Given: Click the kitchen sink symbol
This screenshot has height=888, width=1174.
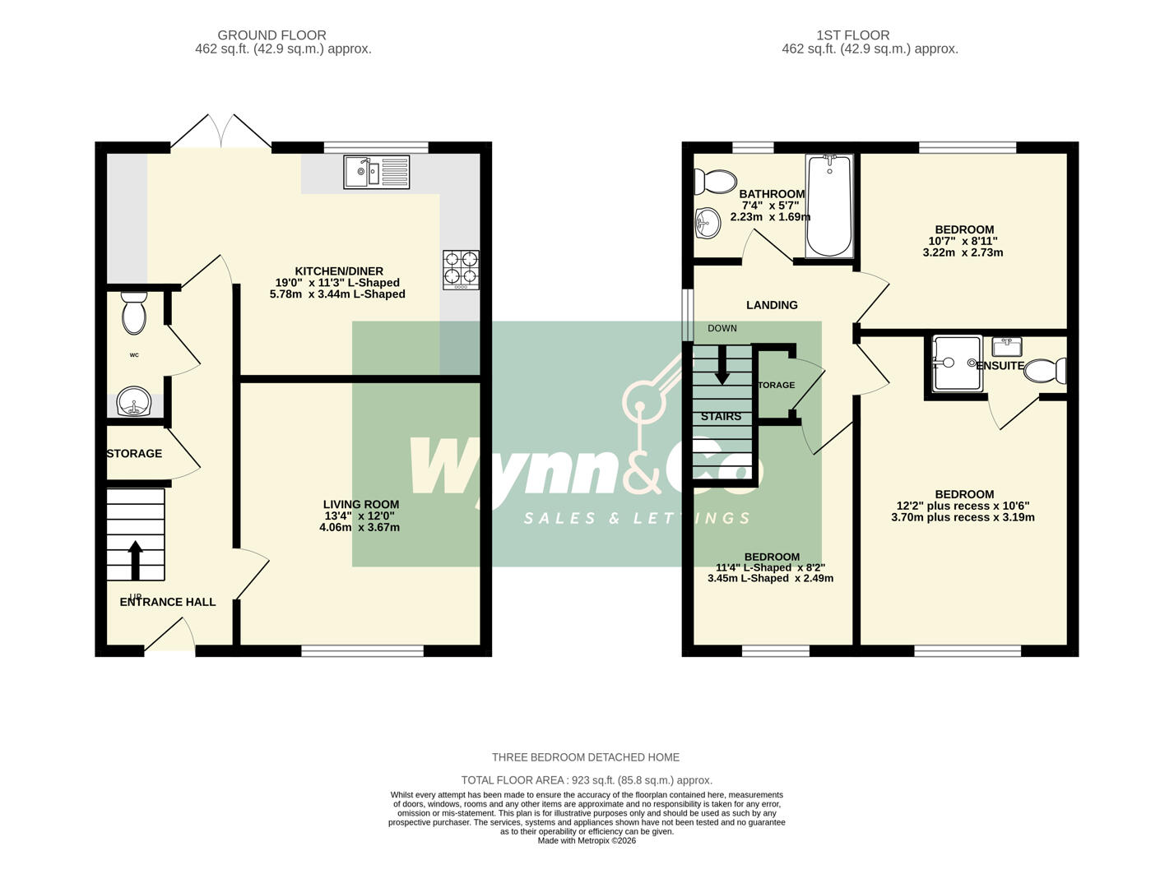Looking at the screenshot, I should [x=377, y=173].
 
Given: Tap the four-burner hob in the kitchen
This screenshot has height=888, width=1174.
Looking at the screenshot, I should [x=461, y=270].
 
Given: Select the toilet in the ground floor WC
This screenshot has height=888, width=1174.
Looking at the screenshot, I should [x=134, y=312].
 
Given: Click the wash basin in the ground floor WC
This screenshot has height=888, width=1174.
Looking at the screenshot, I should [x=132, y=404].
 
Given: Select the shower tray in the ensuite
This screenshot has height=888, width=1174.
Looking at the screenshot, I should [x=957, y=363].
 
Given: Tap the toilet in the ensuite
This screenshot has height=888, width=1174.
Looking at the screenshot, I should [x=1046, y=370].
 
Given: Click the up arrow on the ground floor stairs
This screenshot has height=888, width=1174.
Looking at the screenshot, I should [x=135, y=560].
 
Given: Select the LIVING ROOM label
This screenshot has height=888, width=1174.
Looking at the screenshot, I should [x=361, y=505].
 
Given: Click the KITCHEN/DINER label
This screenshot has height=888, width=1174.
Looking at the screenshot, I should [x=339, y=271].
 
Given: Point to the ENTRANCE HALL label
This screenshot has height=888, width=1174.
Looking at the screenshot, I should [x=168, y=602].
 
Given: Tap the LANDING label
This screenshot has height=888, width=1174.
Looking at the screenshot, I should [x=772, y=305].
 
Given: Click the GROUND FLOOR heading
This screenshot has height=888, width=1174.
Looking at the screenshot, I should [x=271, y=35].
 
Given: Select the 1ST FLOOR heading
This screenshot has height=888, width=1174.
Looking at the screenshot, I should [x=852, y=35].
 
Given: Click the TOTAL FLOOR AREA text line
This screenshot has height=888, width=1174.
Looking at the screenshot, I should [x=587, y=780].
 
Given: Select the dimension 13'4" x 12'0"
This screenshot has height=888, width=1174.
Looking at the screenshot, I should [x=360, y=516].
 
